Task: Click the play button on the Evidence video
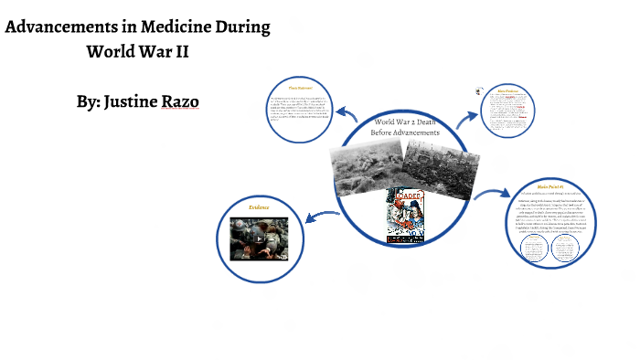coord(258,239)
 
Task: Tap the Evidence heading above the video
coord(259,207)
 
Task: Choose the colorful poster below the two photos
coord(407,215)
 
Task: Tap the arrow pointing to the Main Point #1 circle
coord(493,196)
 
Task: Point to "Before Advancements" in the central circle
coord(405,133)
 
